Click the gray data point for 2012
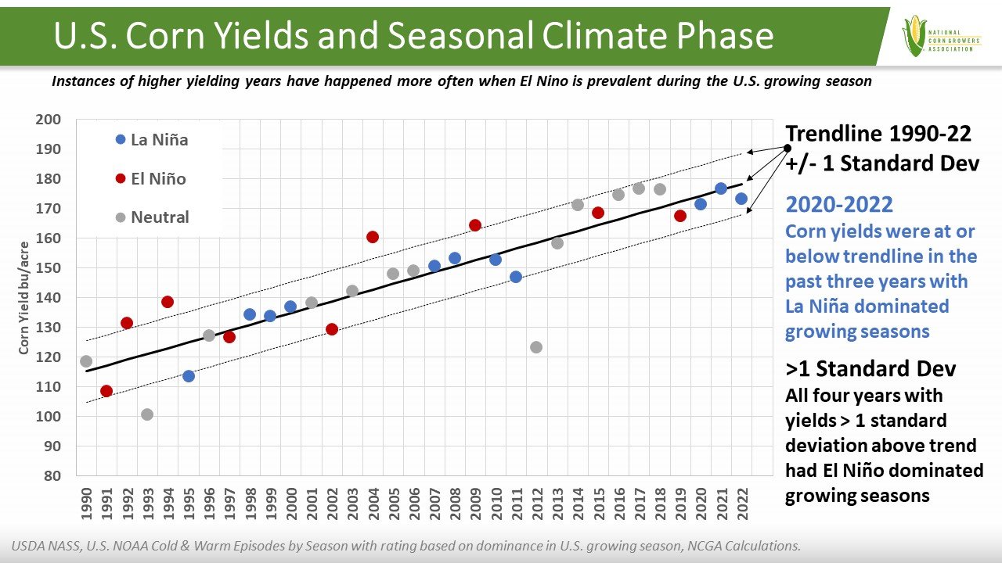pyautogui.click(x=536, y=347)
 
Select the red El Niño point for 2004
pyautogui.click(x=373, y=237)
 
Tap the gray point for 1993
pyautogui.click(x=147, y=414)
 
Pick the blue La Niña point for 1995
pyautogui.click(x=189, y=376)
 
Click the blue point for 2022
pyautogui.click(x=741, y=199)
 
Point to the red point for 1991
pyautogui.click(x=106, y=391)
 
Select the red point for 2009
pyautogui.click(x=475, y=225)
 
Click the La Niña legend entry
pyautogui.click(x=152, y=141)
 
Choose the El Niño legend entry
pyautogui.click(x=150, y=179)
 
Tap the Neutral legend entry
pyautogui.click(x=152, y=217)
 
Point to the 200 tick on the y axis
pyautogui.click(x=49, y=120)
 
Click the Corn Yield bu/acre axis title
pyautogui.click(x=24, y=298)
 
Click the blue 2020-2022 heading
pyautogui.click(x=839, y=205)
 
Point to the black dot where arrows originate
pyautogui.click(x=787, y=148)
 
